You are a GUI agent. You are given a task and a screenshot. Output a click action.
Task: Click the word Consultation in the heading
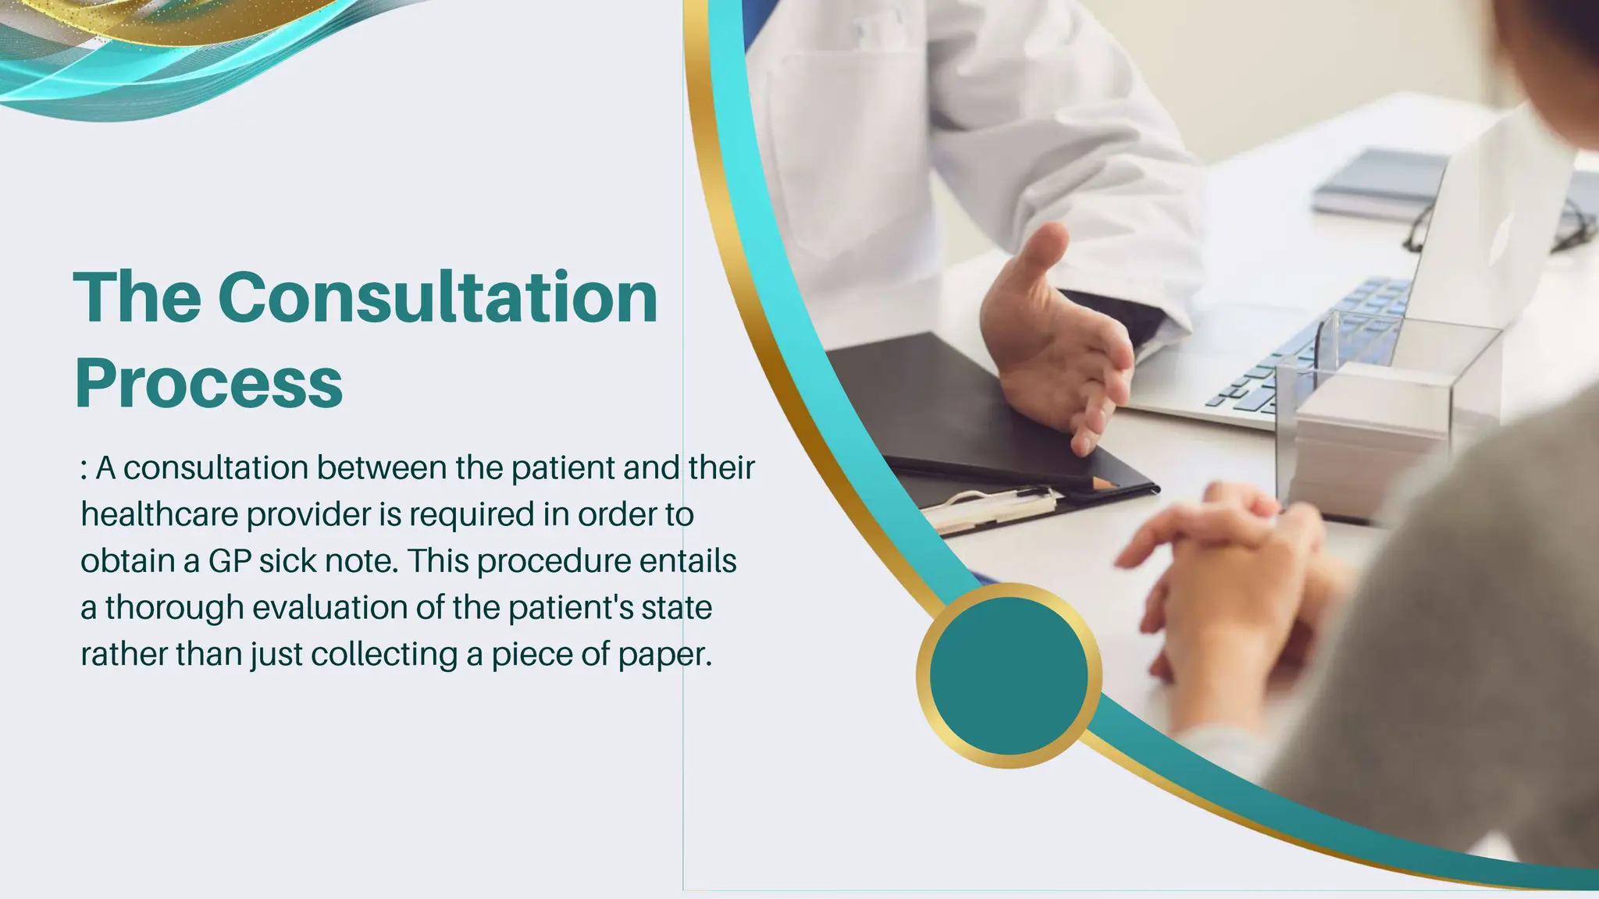click(437, 297)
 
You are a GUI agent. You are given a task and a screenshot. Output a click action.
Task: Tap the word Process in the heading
click(208, 383)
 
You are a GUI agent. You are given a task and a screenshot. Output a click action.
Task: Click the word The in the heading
click(137, 297)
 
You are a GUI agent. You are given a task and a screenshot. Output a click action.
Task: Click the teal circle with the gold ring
click(1009, 676)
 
